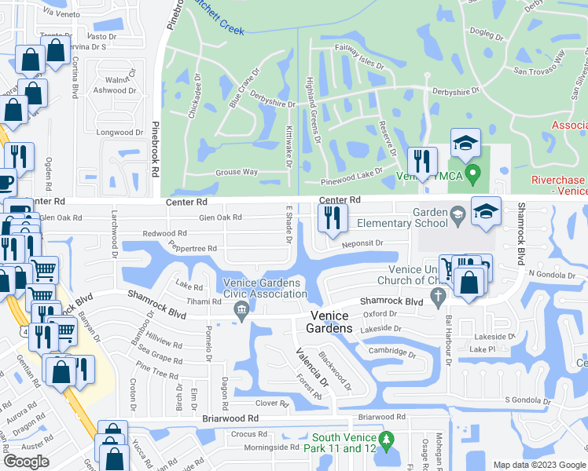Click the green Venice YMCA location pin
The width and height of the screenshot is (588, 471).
[472, 173]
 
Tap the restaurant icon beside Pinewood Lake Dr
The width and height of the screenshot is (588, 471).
[423, 162]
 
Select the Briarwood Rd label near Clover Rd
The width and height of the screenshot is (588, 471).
[231, 419]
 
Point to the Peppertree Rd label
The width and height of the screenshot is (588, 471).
[189, 249]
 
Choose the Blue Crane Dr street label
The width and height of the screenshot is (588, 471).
[244, 93]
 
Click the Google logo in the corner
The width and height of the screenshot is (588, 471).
[26, 462]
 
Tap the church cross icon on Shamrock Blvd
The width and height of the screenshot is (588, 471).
[439, 296]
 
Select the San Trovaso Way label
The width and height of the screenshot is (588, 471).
[539, 64]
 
